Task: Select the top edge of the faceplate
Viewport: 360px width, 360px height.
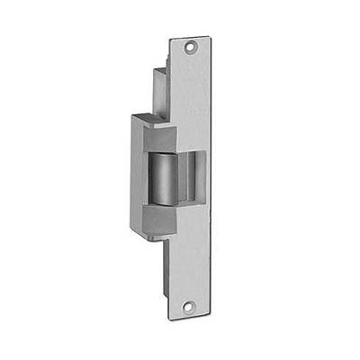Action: [189, 39]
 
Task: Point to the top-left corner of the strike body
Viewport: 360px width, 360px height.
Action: [130, 114]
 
